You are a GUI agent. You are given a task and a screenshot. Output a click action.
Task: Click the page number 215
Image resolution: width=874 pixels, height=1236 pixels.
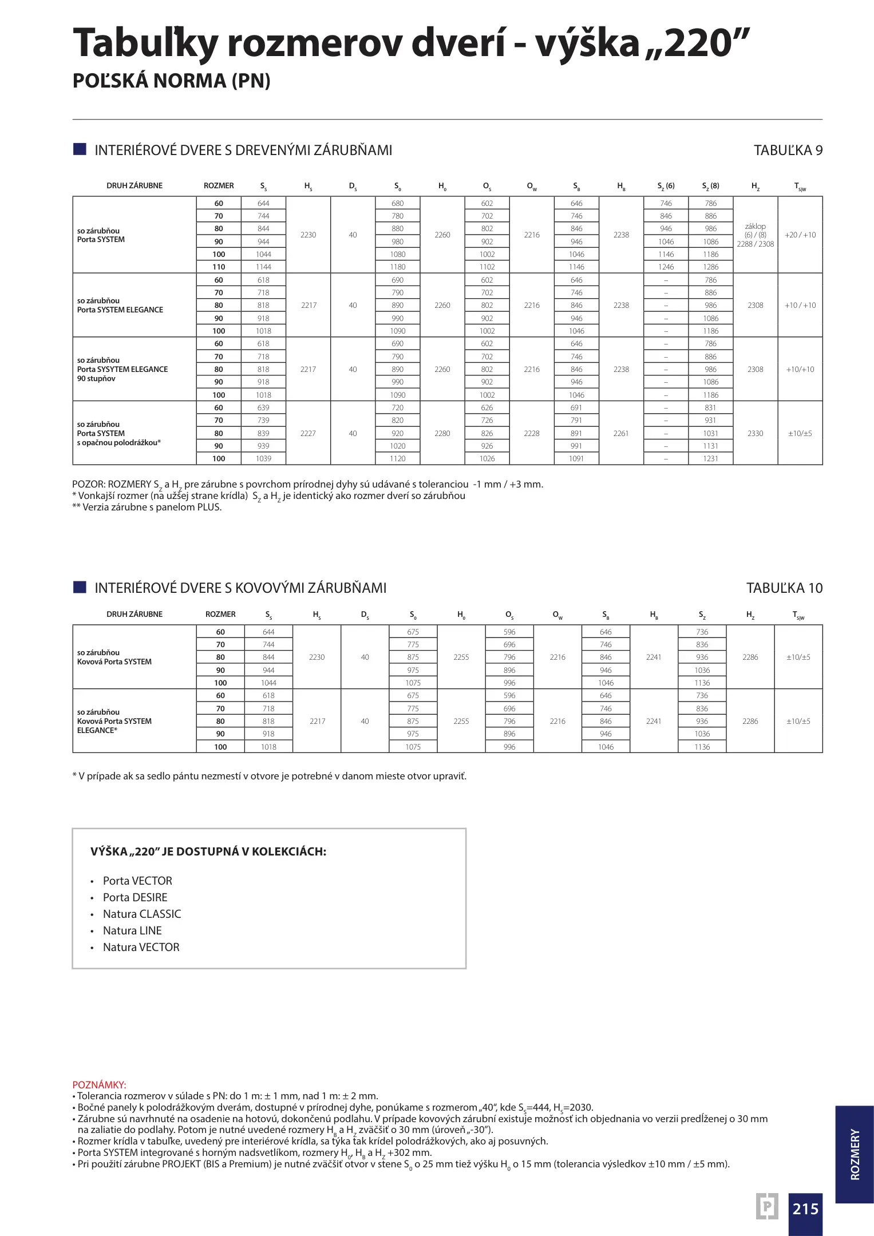(805, 1208)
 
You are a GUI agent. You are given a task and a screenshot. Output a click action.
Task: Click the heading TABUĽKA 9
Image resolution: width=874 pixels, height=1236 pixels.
(788, 150)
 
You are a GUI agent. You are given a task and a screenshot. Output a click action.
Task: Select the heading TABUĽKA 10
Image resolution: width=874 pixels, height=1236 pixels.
(784, 588)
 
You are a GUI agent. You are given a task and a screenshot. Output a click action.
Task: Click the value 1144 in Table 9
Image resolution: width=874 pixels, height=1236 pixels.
(263, 267)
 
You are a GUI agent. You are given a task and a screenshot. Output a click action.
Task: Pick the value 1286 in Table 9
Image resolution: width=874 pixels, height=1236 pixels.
(710, 267)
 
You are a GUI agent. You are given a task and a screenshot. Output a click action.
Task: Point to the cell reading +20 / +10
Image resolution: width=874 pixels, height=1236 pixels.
(800, 235)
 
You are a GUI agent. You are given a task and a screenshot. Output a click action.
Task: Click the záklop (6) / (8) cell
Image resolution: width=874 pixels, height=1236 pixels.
(755, 235)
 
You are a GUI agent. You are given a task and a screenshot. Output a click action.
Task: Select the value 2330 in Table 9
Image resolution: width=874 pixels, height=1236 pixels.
(755, 434)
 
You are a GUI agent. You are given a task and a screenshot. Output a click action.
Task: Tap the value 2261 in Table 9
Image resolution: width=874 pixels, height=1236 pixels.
(621, 434)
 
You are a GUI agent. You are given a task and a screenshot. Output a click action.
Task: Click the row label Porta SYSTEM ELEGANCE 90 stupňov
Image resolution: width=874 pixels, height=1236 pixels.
(122, 370)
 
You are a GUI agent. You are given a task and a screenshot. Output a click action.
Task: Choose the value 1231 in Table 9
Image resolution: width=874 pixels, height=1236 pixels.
(710, 459)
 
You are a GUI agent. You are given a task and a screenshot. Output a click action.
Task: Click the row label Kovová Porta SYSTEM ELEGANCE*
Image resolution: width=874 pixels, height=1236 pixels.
(114, 722)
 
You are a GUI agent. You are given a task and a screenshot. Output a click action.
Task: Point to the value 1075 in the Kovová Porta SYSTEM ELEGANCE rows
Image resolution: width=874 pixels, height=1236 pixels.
(413, 747)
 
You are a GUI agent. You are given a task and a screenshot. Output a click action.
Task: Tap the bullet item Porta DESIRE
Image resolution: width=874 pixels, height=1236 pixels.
(135, 898)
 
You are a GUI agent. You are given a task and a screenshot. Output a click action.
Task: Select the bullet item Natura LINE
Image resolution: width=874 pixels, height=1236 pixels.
(132, 931)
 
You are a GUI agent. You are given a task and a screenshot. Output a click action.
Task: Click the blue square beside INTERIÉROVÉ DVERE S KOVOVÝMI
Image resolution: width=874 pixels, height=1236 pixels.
(80, 588)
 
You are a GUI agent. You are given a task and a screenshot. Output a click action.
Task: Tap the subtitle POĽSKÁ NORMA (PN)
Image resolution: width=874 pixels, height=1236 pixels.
(171, 81)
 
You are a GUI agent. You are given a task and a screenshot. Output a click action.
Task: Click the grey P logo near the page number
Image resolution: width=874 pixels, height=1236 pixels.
(766, 1207)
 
